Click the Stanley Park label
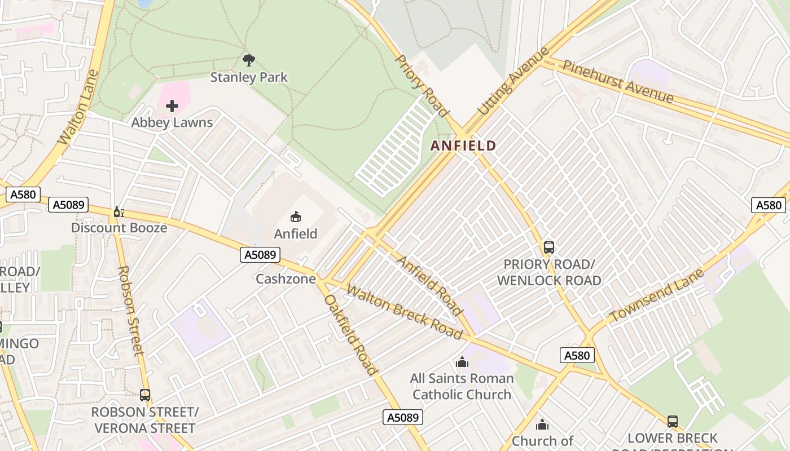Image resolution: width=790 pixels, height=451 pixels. click(249, 77)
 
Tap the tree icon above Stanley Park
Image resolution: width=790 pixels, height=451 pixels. click(248, 60)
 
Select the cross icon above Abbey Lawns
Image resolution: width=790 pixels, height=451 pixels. click(172, 106)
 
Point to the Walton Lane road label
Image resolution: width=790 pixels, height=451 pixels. click(79, 107)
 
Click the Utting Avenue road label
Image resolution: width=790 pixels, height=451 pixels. click(513, 82)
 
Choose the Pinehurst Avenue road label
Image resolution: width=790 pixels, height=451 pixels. click(618, 82)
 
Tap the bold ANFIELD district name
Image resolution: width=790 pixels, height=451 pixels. click(463, 146)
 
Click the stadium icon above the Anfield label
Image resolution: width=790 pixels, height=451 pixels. click(295, 217)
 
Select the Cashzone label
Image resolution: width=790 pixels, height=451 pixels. click(286, 279)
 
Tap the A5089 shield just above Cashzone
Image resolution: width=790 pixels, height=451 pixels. click(260, 255)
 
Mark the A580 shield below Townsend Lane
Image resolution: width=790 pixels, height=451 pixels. click(577, 355)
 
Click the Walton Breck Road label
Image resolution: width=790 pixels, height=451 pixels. click(404, 312)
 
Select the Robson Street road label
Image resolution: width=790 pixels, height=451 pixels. click(130, 309)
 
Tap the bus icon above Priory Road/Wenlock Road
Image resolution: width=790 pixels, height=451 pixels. click(548, 247)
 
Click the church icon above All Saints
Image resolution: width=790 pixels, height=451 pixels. click(462, 362)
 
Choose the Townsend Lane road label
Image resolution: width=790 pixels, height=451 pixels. click(657, 296)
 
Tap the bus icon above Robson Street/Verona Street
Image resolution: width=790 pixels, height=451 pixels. click(145, 395)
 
